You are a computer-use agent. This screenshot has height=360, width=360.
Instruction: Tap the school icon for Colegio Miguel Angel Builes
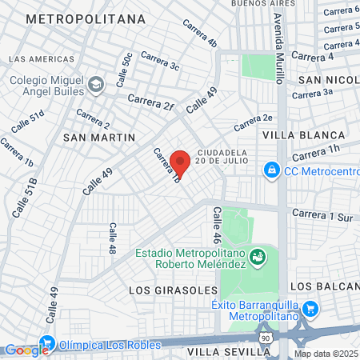point(96,83)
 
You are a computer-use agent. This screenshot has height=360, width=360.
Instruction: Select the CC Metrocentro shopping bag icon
point(272,170)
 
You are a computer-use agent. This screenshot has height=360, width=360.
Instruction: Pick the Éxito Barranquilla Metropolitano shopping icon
point(311,309)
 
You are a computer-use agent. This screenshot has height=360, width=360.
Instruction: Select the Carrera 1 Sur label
point(322,214)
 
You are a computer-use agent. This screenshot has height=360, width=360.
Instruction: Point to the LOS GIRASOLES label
point(173,289)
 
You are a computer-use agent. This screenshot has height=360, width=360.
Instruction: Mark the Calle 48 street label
point(113,238)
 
